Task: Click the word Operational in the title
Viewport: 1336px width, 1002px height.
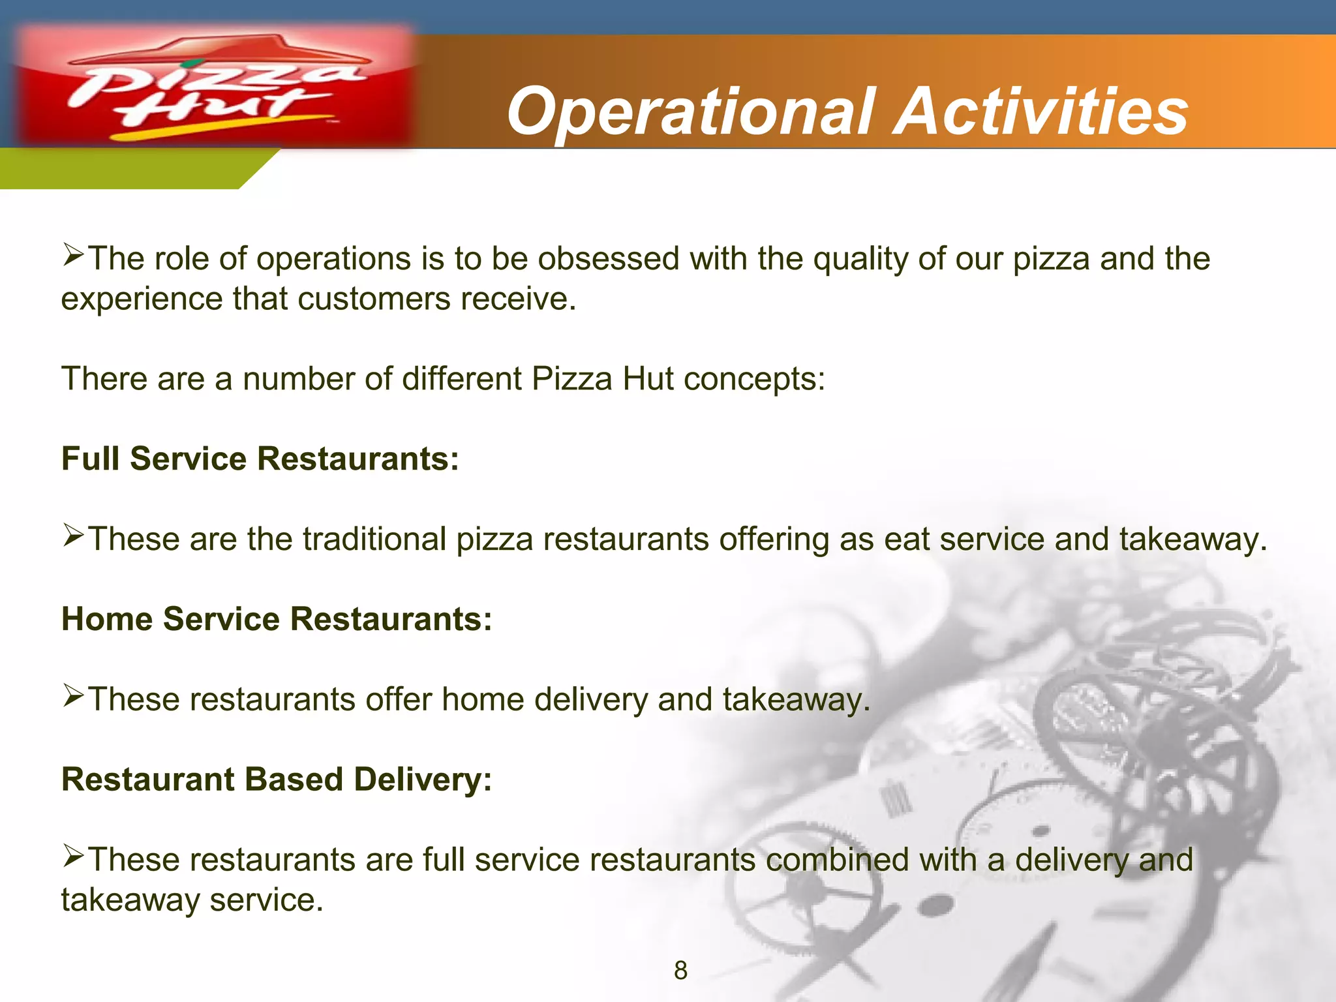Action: (x=691, y=112)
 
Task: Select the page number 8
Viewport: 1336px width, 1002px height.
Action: (x=680, y=971)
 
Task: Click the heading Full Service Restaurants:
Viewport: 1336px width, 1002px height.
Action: (x=260, y=459)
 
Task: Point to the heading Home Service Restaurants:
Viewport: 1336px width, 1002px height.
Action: (x=277, y=619)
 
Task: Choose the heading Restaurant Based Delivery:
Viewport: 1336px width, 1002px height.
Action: (x=277, y=780)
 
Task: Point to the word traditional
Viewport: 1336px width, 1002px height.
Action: (x=374, y=539)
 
